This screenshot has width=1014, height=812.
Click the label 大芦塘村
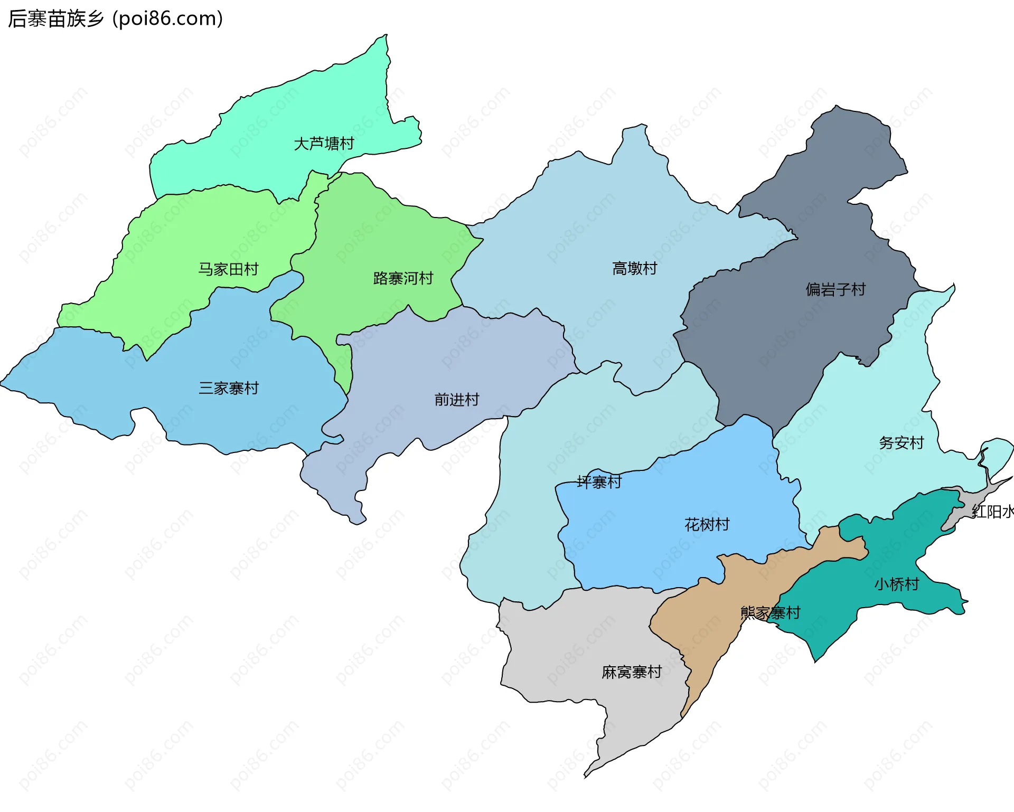(x=324, y=144)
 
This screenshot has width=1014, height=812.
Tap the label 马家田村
(x=228, y=269)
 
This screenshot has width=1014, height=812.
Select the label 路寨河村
(x=403, y=278)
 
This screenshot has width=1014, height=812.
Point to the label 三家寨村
(x=229, y=389)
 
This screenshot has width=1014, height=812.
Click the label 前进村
(x=456, y=400)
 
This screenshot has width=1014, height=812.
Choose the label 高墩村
(x=634, y=269)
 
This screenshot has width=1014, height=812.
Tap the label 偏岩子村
(x=835, y=289)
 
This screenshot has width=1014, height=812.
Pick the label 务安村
(x=901, y=443)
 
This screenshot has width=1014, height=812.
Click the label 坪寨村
(x=599, y=482)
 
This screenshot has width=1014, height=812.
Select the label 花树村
(x=707, y=525)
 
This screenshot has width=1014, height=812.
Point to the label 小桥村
(x=896, y=584)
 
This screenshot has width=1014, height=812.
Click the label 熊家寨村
(x=770, y=613)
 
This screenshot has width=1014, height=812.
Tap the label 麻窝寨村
(x=632, y=672)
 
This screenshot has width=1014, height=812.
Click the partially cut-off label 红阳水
(x=993, y=512)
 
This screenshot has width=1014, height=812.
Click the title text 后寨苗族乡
(x=56, y=18)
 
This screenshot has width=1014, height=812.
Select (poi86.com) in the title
(x=168, y=18)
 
